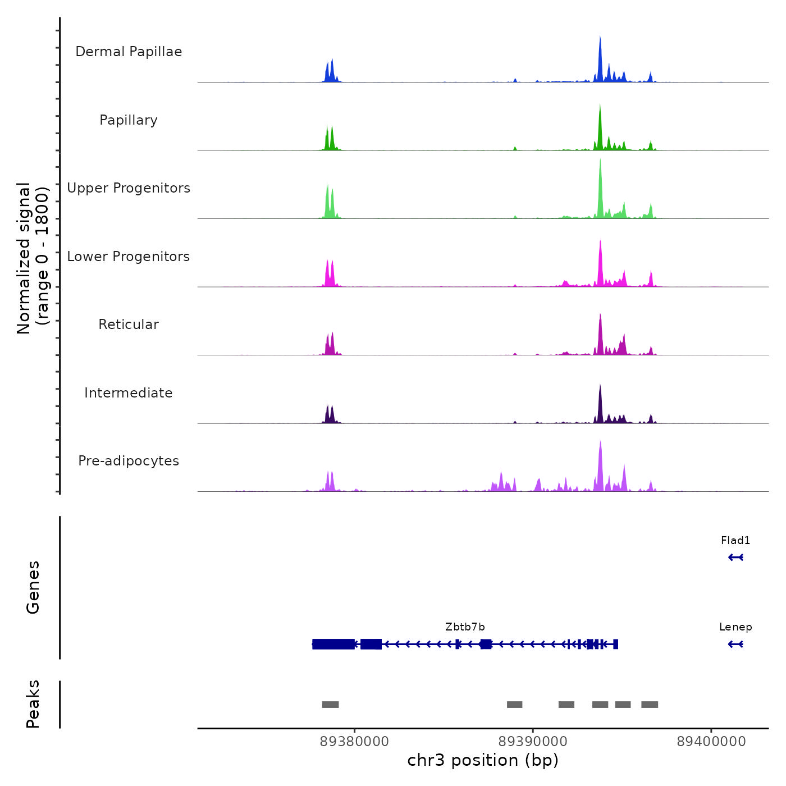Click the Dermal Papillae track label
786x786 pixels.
129,52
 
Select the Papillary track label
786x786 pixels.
129,120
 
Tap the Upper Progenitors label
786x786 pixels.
129,188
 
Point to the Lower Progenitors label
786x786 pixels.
129,257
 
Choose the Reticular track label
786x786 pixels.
129,325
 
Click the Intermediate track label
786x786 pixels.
129,393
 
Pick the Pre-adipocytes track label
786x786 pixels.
129,461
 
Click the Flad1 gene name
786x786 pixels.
735,541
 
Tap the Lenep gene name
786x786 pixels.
735,627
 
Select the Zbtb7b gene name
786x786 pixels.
465,627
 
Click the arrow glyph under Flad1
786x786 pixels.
735,557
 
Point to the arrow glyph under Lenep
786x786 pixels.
735,644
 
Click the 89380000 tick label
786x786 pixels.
354,742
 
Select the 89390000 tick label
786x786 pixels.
533,742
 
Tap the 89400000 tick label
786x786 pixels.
711,742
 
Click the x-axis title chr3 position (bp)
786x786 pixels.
483,760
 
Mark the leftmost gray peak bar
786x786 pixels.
330,705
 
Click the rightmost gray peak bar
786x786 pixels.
650,705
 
